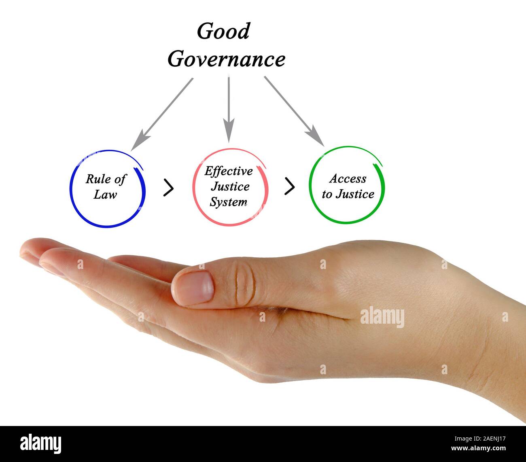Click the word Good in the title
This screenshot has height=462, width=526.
223,32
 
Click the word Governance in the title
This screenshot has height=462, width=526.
226,59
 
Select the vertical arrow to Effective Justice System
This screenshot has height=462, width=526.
229,109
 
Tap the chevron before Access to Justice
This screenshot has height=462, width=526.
289,186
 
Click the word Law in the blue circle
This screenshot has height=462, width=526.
105,195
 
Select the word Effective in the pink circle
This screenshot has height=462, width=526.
228,171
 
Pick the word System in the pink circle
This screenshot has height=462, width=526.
228,202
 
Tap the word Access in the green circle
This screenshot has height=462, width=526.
348,178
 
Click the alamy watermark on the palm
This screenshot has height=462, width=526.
382,316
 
